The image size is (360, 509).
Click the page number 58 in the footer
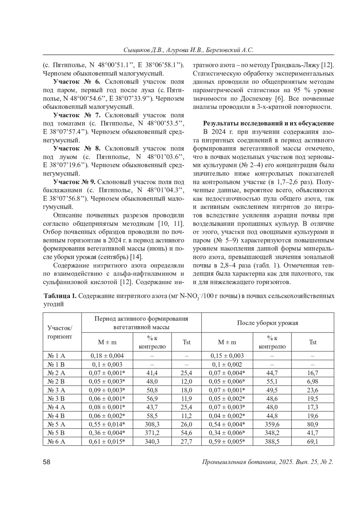pyautogui.click(x=46, y=462)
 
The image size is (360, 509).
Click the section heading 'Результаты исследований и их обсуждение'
pyautogui.click(x=268, y=123)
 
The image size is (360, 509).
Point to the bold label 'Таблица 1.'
pyautogui.click(x=60, y=296)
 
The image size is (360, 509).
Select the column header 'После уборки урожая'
pyautogui.click(x=268, y=323)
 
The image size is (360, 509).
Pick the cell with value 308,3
pyautogui.click(x=152, y=424)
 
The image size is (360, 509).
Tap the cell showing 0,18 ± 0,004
pyautogui.click(x=107, y=356)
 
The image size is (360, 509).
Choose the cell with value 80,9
pyautogui.click(x=313, y=424)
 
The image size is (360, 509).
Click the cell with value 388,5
pyautogui.click(x=272, y=442)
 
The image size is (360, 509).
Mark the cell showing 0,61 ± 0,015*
pyautogui.click(x=107, y=442)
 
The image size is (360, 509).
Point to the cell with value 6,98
pyautogui.click(x=313, y=382)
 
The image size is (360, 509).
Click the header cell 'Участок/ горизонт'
pyautogui.click(x=60, y=332)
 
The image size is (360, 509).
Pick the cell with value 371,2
pyautogui.click(x=152, y=433)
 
